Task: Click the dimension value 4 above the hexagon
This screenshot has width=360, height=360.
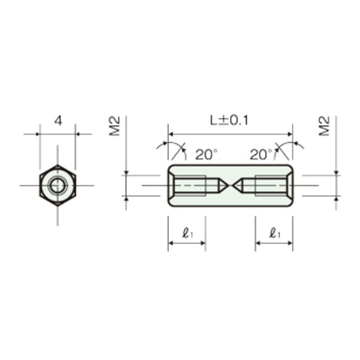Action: pyautogui.click(x=58, y=120)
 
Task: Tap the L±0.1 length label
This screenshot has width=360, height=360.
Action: pyautogui.click(x=229, y=120)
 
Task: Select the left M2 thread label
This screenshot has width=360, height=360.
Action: pyautogui.click(x=115, y=126)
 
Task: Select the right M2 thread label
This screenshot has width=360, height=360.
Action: pyautogui.click(x=324, y=126)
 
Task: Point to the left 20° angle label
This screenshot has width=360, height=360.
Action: pyautogui.click(x=206, y=154)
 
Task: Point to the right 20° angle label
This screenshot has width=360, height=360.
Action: pyautogui.click(x=261, y=154)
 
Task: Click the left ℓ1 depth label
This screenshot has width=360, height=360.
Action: pyautogui.click(x=187, y=233)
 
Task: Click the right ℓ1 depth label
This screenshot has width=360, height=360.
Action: pyautogui.click(x=275, y=233)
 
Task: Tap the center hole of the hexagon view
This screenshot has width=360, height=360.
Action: pyautogui.click(x=58, y=185)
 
